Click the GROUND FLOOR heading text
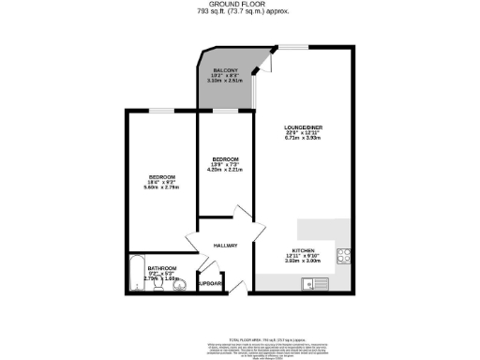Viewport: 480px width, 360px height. (240, 5)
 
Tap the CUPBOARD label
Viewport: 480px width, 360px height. (208, 283)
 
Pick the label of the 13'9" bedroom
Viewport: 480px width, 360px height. (224, 158)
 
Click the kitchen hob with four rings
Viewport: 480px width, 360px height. (343, 252)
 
